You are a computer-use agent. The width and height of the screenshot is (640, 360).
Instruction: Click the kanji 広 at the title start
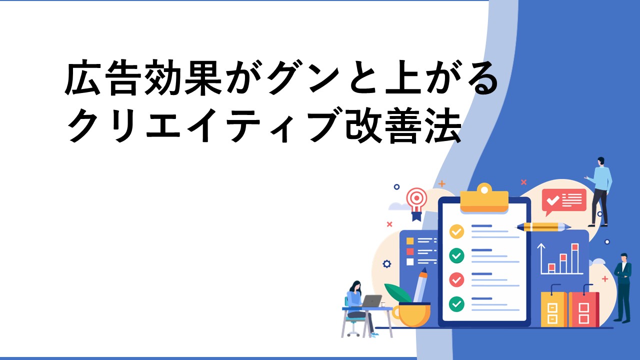(x=82, y=77)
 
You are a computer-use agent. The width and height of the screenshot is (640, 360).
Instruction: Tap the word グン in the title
(x=304, y=77)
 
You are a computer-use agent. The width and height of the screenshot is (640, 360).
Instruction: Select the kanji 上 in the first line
(x=403, y=77)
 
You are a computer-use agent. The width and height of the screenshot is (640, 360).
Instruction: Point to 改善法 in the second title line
(x=403, y=126)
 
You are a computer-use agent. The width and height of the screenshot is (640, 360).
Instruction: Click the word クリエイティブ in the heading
(x=204, y=126)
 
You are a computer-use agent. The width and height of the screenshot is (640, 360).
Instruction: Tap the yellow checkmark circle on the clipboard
(x=456, y=231)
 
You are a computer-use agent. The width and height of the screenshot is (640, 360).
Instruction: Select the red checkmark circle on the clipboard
(x=456, y=279)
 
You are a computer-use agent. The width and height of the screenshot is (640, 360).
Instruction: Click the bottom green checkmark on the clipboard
(x=456, y=304)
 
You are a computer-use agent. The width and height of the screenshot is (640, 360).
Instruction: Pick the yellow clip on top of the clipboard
(x=484, y=198)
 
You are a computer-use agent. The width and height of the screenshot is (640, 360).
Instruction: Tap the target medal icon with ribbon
(x=417, y=203)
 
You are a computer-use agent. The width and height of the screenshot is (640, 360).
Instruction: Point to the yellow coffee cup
(x=411, y=314)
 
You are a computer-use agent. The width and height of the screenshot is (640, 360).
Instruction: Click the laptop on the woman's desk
(x=371, y=301)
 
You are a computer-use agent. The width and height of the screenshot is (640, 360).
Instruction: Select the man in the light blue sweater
(x=599, y=191)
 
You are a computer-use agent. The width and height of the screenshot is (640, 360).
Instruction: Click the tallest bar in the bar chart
(x=575, y=258)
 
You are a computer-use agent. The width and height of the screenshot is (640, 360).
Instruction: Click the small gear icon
(x=386, y=263)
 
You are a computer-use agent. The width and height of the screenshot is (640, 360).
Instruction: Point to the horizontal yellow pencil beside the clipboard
(x=544, y=227)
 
